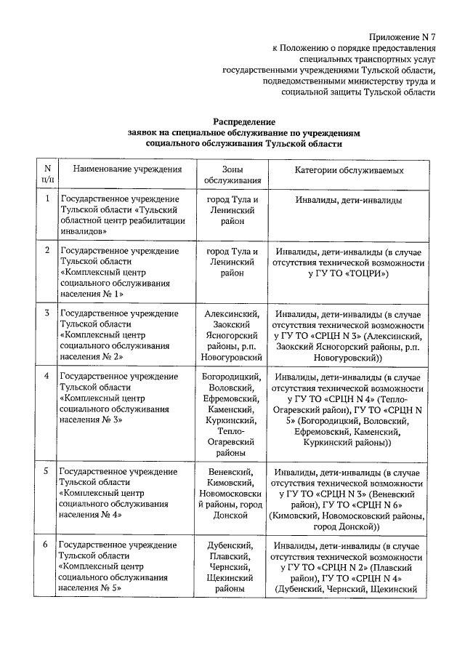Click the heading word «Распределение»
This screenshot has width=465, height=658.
coord(243,122)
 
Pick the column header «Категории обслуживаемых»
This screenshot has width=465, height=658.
coord(349,169)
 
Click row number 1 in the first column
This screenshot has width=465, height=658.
coord(47,198)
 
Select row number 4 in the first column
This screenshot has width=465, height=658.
coord(47,376)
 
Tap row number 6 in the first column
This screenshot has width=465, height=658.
coord(47,545)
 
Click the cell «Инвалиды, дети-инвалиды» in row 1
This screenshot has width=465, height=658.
coord(349,199)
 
